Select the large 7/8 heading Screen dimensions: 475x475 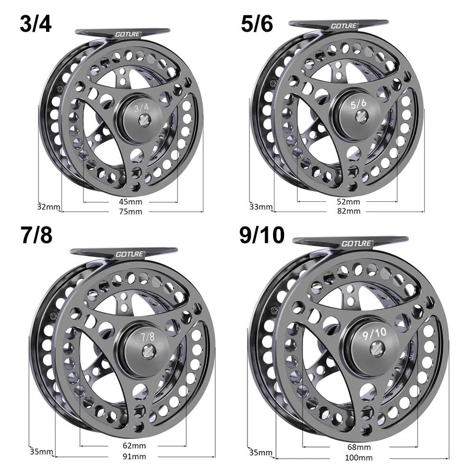tap(36, 236)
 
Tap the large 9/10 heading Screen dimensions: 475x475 tap(262, 236)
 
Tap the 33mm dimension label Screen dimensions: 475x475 tap(261, 207)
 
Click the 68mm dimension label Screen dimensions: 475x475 tap(359, 447)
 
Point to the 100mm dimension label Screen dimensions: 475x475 tap(359, 458)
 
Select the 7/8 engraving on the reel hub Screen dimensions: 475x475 tap(148, 337)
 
